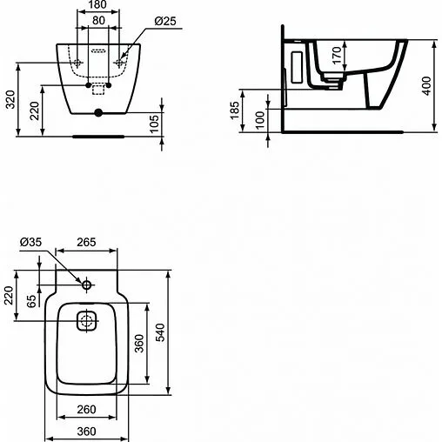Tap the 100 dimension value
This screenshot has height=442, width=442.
262,117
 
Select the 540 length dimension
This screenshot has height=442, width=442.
159,332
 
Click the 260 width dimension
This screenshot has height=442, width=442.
85,410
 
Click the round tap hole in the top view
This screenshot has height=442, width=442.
88,285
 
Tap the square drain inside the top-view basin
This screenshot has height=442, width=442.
87,321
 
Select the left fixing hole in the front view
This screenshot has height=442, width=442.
78,63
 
